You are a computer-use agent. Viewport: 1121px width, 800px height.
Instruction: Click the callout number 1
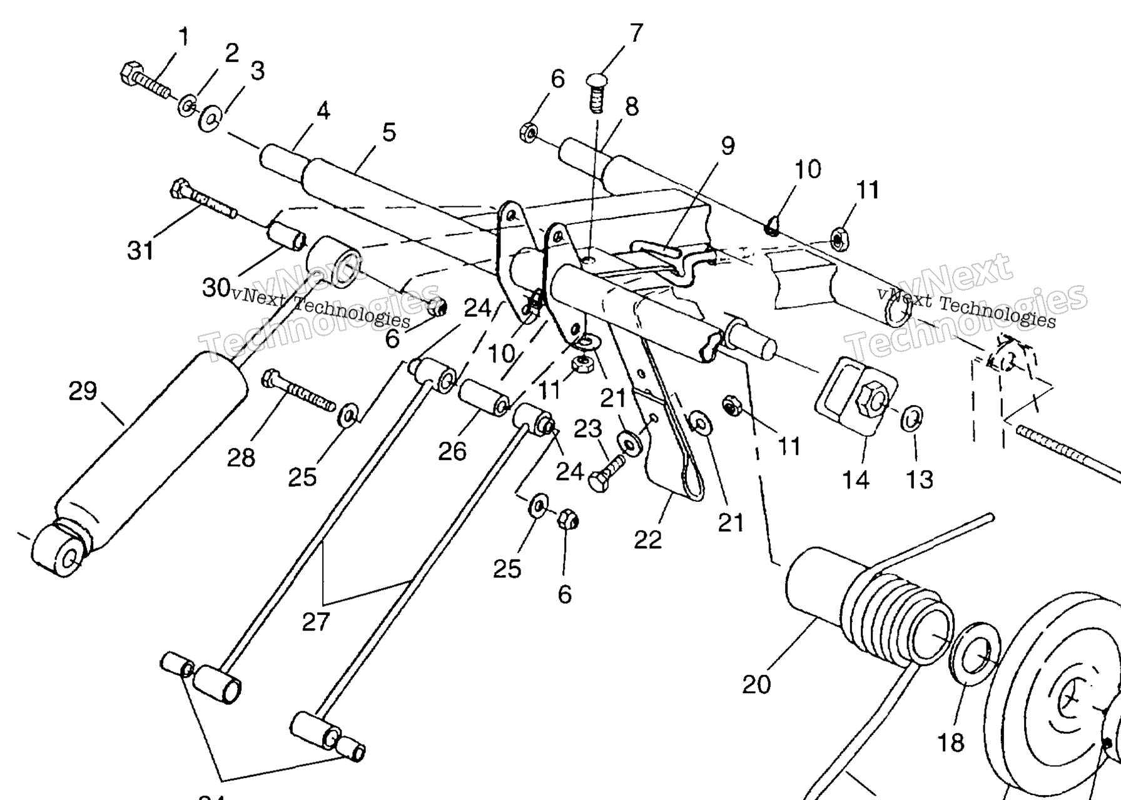point(183,37)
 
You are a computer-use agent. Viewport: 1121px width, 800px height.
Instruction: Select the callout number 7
point(636,32)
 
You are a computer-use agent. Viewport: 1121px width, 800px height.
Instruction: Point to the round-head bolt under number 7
point(597,91)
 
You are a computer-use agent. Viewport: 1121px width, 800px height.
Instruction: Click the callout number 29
point(83,392)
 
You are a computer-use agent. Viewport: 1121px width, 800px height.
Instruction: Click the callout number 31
point(140,250)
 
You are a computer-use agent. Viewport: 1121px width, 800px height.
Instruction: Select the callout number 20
point(756,684)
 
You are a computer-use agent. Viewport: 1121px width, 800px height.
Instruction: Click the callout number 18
point(951,743)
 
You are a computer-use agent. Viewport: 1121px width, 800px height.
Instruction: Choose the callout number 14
point(855,479)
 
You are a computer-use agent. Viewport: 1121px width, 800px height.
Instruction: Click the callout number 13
point(920,479)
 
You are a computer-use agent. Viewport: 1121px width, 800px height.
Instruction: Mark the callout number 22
point(647,539)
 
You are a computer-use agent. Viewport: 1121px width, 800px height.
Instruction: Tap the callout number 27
point(316,622)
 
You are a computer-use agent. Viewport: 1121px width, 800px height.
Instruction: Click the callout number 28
point(241,458)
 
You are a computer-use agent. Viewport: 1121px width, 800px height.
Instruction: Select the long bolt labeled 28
point(299,391)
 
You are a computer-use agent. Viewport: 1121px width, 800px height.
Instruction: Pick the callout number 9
point(727,146)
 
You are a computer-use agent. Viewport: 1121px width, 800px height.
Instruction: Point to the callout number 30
point(216,287)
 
